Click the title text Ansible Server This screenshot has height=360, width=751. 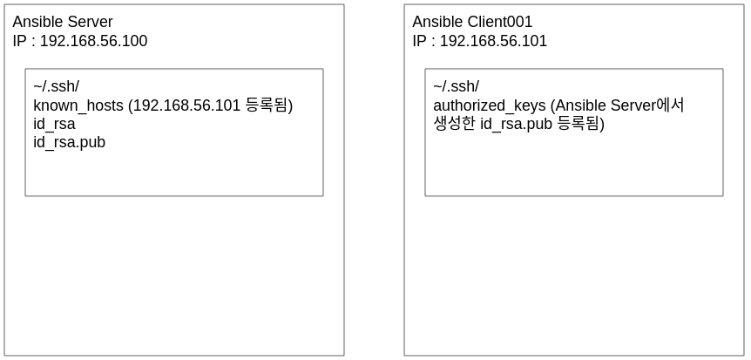63,22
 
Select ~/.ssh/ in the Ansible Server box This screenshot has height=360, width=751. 56,86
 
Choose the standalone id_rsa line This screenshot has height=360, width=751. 54,124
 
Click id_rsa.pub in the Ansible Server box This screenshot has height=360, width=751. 69,142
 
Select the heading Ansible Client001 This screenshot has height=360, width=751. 472,22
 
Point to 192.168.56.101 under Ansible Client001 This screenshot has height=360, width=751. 493,41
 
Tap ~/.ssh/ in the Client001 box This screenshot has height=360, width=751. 456,86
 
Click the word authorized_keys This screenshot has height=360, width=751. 489,105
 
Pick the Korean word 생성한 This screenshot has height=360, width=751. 454,124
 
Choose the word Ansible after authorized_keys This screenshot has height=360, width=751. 580,105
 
